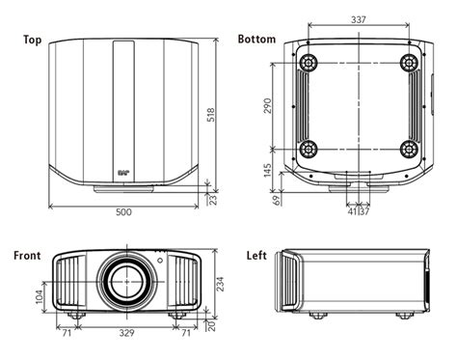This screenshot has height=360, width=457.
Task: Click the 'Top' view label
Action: pyautogui.click(x=33, y=40)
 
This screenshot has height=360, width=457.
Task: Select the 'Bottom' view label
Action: pyautogui.click(x=256, y=39)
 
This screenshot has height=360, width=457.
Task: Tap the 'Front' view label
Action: pyautogui.click(x=27, y=256)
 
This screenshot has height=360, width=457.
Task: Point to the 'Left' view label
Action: pyautogui.click(x=256, y=256)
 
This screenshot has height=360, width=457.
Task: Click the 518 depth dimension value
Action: pyautogui.click(x=211, y=115)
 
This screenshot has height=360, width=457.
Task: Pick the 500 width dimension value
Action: pyautogui.click(x=123, y=212)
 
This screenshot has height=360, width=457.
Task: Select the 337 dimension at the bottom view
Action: pyautogui.click(x=359, y=20)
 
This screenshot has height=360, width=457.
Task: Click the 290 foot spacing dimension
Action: pyautogui.click(x=267, y=106)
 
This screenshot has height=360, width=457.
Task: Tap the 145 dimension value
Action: pyautogui.click(x=267, y=170)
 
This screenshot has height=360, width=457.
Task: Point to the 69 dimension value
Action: pyautogui.click(x=277, y=200)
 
